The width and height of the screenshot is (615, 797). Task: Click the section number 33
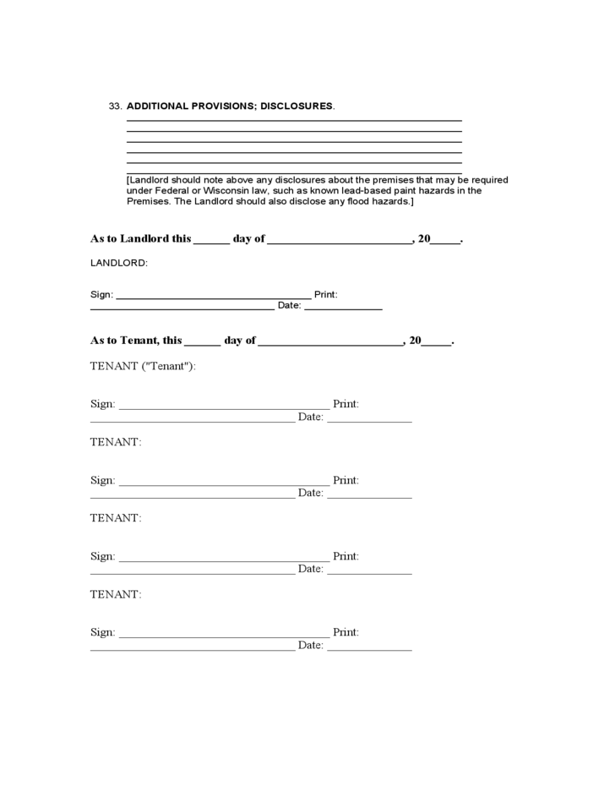(116, 106)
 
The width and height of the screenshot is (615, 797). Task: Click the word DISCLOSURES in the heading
(297, 106)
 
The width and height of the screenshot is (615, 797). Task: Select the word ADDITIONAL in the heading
(158, 106)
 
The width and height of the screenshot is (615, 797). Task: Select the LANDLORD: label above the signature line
(118, 263)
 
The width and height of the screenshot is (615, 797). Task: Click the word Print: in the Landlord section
(326, 295)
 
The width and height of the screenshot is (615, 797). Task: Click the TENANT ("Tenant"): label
(143, 366)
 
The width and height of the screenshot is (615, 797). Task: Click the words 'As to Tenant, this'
(136, 341)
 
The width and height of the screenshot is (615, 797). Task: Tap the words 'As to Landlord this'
(140, 239)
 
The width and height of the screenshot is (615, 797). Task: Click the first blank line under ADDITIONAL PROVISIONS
(294, 121)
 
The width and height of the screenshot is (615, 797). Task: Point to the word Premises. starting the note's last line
(148, 202)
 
